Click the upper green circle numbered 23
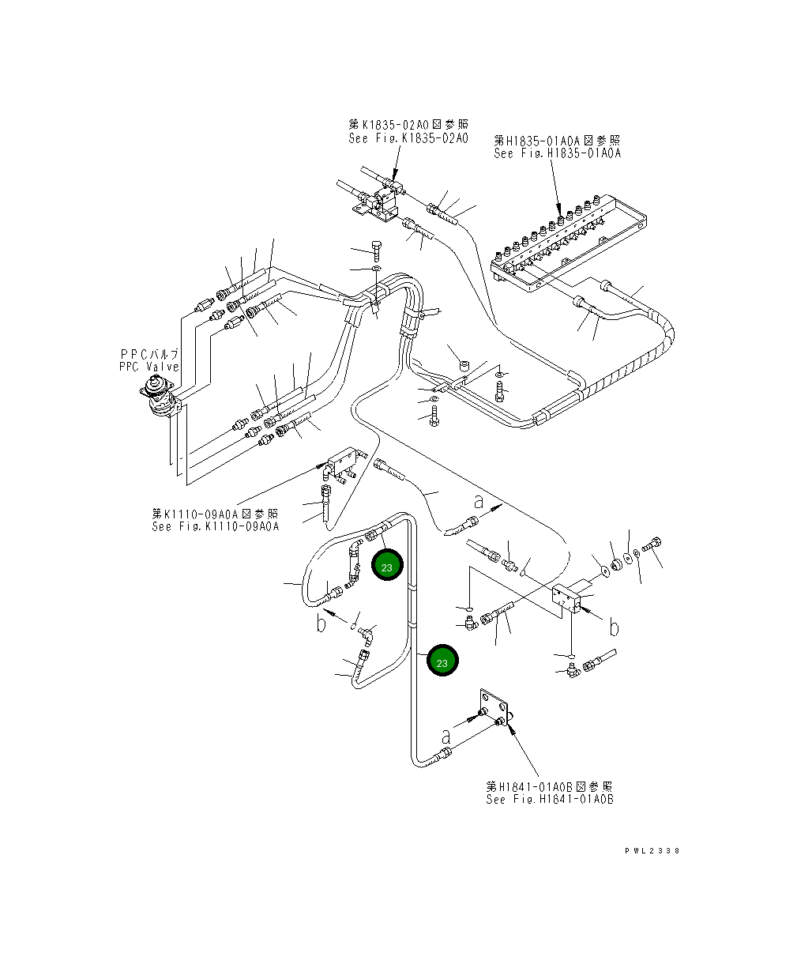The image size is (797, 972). click(387, 564)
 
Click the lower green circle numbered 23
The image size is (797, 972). click(442, 660)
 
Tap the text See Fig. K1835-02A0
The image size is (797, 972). click(408, 138)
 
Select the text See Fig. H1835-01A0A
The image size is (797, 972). click(558, 153)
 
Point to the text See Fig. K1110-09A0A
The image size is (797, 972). click(216, 526)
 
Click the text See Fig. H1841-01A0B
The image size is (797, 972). click(550, 799)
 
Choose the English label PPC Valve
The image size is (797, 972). click(148, 367)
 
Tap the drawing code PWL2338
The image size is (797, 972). click(652, 851)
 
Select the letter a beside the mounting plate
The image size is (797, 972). click(445, 738)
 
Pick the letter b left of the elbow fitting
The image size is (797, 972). click(321, 624)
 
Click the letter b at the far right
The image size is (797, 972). click(614, 627)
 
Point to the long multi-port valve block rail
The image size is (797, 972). click(569, 243)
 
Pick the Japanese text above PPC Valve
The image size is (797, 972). click(149, 354)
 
